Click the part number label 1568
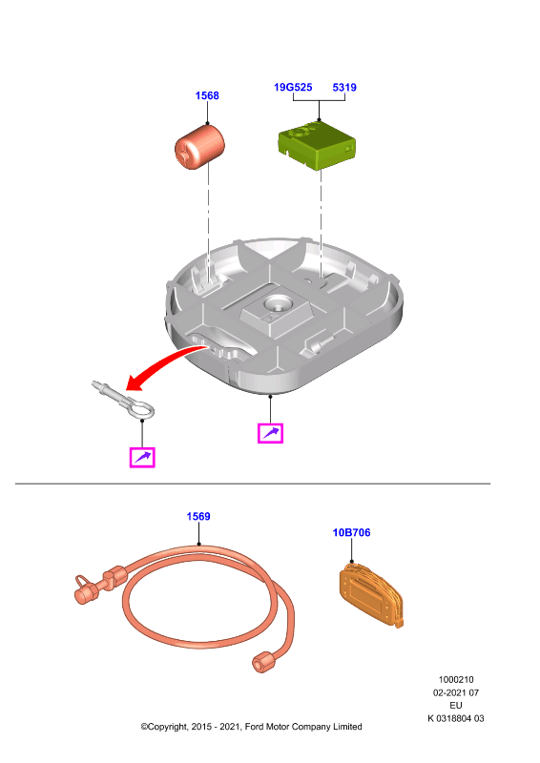pyautogui.click(x=207, y=95)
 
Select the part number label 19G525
pyautogui.click(x=293, y=87)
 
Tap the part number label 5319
pyautogui.click(x=344, y=87)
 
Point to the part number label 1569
pyautogui.click(x=198, y=516)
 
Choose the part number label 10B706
pyautogui.click(x=351, y=532)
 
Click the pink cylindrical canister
pyautogui.click(x=199, y=147)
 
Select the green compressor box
pyautogui.click(x=317, y=145)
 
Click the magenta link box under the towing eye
pyautogui.click(x=142, y=458)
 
